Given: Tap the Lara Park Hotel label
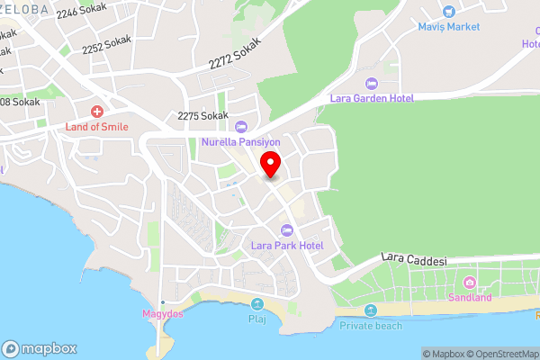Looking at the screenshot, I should coord(287,245).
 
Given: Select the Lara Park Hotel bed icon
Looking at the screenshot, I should coord(287,229).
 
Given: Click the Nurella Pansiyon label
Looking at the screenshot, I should coord(241,141).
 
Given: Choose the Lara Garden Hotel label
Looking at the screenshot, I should coord(371,99).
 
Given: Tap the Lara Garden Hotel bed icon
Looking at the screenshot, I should coord(371,84).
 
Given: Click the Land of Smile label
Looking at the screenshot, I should coord(96,127).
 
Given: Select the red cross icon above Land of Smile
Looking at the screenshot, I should coord(96,111).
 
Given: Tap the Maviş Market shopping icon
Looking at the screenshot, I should coord(448,12).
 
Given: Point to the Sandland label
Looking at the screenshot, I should coord(470,297).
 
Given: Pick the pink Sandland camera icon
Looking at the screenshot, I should coord(469,283).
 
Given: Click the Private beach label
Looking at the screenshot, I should coord(371,325).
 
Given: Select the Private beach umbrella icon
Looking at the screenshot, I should coord(371,310).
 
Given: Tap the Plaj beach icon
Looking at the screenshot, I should coord(257,303).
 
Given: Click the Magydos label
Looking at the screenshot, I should coord(162,313).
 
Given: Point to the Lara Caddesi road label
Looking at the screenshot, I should coord(414,259).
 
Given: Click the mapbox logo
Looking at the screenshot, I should coord(40,348).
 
